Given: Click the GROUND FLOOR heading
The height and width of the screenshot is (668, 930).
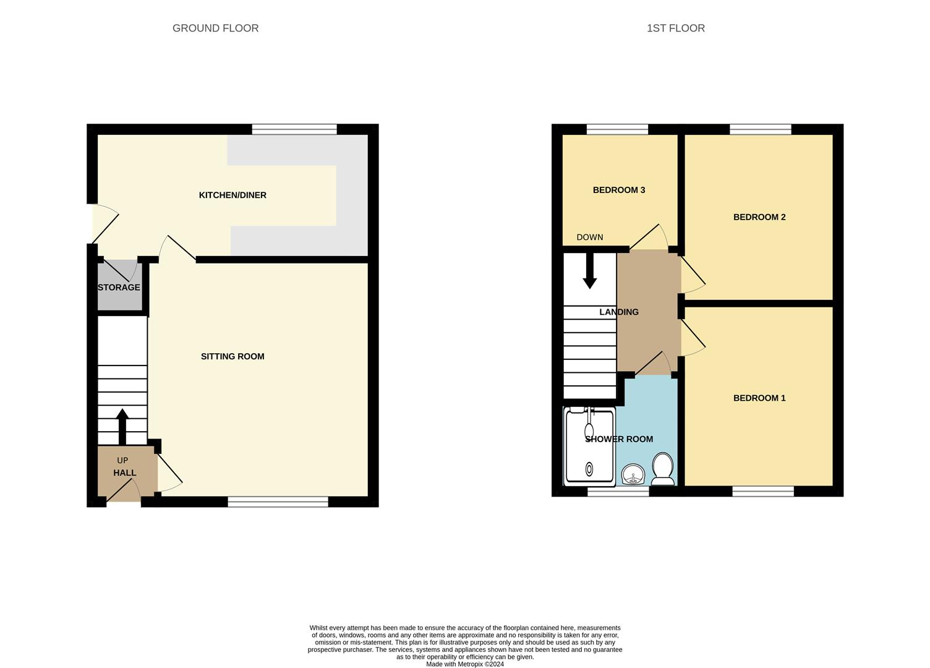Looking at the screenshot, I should tap(215, 28).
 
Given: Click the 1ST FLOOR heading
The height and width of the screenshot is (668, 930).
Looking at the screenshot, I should tap(675, 28).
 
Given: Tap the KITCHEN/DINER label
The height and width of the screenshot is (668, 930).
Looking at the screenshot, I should tap(232, 195).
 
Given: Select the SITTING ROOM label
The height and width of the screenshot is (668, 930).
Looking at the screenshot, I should tap(232, 356).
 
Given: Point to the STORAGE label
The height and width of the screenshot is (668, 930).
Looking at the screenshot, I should tap(119, 288).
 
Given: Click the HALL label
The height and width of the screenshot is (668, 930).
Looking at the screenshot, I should tap(124, 473).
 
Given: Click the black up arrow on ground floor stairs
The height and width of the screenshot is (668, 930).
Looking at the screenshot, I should tap(122, 426).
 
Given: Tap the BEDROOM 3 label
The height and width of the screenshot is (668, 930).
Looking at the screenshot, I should tap(619, 190).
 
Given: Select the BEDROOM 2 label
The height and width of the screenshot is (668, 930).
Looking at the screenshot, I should tap(759, 217).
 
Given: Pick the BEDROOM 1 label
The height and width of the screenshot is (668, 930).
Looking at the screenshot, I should tap(759, 398).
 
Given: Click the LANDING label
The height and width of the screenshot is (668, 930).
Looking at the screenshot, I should tap(619, 312).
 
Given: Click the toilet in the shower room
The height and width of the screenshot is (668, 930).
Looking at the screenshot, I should tap(663, 469).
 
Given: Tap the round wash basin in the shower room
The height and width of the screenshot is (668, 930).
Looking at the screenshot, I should tap(633, 475).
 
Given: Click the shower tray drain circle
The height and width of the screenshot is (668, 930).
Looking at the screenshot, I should tap(589, 469).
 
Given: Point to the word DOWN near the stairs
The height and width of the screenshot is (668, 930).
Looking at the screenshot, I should tap(590, 237).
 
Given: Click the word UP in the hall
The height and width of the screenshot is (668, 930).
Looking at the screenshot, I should tap(122, 461).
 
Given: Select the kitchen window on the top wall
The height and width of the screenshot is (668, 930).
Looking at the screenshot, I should tap(294, 129).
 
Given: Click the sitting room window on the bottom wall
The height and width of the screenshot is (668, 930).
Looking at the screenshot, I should tap(278, 502).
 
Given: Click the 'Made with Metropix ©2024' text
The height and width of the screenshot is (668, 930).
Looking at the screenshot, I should tap(465, 664).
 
